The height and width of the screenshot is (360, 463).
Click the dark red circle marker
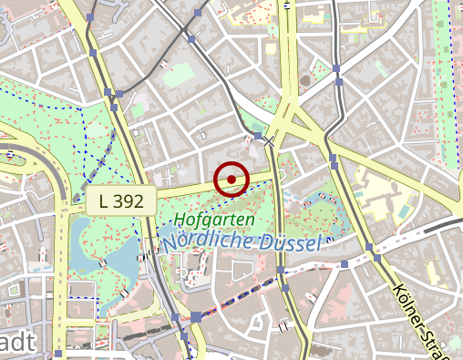coord(232,180)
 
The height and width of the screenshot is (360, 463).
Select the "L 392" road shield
coord(121,202)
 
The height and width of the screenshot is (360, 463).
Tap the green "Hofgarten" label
coord(211,220)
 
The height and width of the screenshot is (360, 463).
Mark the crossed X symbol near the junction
coord(268,142)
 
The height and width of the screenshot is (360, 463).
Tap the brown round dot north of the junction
coord(304,80)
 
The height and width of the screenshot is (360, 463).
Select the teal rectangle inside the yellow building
coord(403,210)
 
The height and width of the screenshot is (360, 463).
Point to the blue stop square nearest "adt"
coord(59,353)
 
